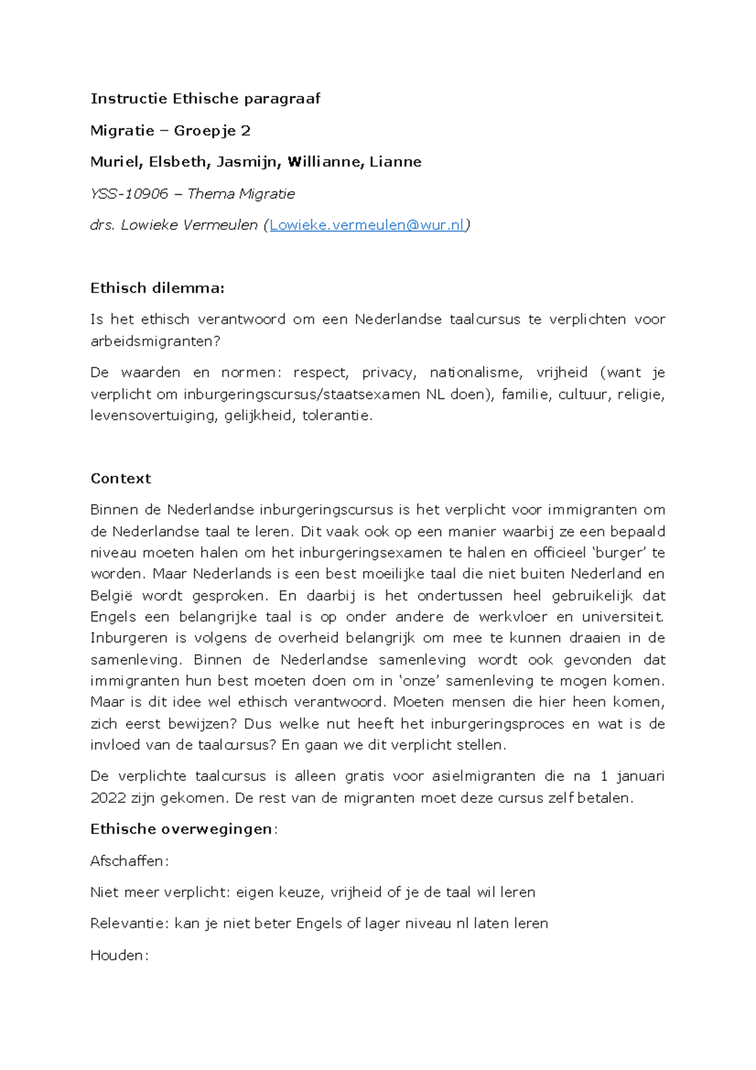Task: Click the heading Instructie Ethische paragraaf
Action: pyautogui.click(x=205, y=98)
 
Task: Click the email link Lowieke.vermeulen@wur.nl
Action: pyautogui.click(x=367, y=225)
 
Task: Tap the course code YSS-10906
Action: pyautogui.click(x=129, y=193)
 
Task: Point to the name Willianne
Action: pyautogui.click(x=324, y=162)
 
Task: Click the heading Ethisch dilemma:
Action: pyautogui.click(x=157, y=288)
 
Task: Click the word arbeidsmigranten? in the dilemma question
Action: pyautogui.click(x=156, y=341)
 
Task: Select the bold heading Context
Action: pyautogui.click(x=120, y=478)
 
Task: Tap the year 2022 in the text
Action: pyautogui.click(x=108, y=798)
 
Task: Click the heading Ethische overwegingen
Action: pyautogui.click(x=181, y=829)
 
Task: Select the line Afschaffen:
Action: pyautogui.click(x=129, y=861)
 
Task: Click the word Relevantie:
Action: pyautogui.click(x=129, y=924)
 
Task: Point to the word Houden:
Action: pyautogui.click(x=119, y=955)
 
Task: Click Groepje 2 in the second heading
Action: pyautogui.click(x=212, y=130)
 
